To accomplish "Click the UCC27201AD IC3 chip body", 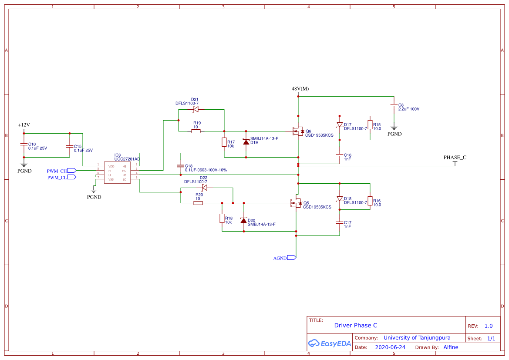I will [x=117, y=173].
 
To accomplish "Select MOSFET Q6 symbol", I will [x=298, y=131].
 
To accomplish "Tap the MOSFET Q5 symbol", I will [x=296, y=203].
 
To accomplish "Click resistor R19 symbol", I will [x=196, y=131].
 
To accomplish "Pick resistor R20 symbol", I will [x=198, y=203].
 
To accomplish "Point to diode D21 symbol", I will [x=196, y=109].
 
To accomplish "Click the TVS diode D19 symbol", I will [x=246, y=142].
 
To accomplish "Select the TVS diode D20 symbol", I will [x=243, y=220].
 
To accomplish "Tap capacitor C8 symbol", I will [x=394, y=106].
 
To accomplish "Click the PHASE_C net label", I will [x=455, y=158].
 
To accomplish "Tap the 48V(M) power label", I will [x=300, y=89].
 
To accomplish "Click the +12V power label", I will [x=24, y=125].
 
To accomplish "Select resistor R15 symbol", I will [x=370, y=125].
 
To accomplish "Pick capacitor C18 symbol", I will [x=181, y=166].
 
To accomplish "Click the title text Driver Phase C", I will [x=356, y=326].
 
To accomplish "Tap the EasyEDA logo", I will [x=330, y=343].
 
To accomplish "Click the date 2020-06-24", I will [x=390, y=347].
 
